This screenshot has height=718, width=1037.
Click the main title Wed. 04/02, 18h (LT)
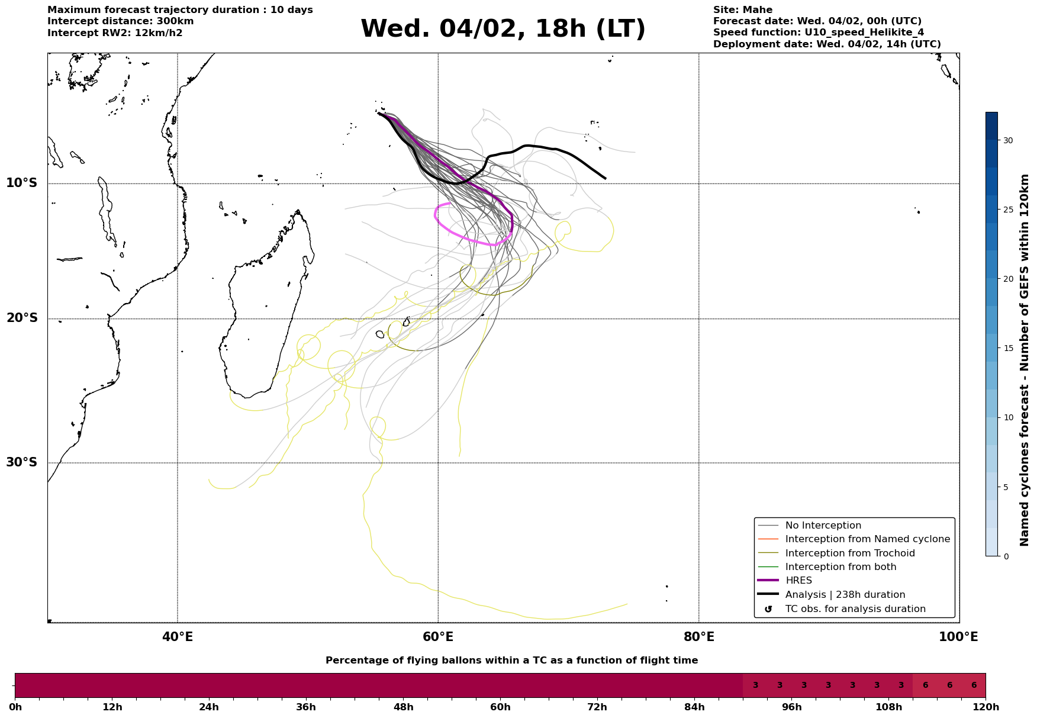point(503,29)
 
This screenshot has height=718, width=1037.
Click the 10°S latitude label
point(22,183)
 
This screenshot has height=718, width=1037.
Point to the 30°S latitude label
point(22,462)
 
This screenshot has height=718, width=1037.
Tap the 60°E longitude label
point(438,637)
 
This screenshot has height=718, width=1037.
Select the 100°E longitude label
point(959,637)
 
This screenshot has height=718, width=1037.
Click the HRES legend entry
point(798,581)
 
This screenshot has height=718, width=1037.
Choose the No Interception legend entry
point(823,526)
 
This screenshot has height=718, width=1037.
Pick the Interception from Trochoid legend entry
point(850,553)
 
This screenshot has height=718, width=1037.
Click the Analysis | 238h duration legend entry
point(845,595)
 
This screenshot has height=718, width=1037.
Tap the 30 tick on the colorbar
point(1007,140)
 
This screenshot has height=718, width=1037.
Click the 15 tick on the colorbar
point(1007,348)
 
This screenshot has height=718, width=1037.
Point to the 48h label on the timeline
point(403,707)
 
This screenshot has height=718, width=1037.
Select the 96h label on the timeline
point(791,707)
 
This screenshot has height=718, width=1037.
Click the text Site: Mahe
point(742,10)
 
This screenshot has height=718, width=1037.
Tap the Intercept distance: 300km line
point(120,21)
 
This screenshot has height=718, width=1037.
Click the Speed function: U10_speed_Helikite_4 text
point(818,33)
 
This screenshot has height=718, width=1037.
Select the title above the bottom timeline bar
point(511,661)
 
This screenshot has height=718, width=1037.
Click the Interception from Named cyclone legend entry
point(867,539)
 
